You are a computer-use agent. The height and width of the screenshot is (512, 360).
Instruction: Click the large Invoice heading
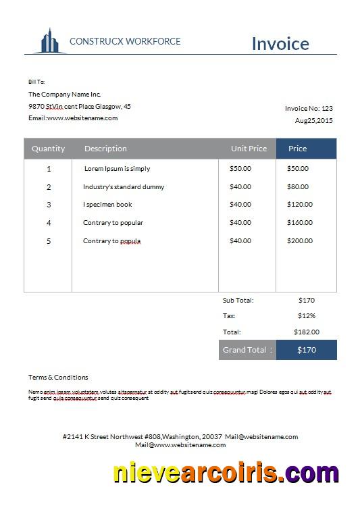point(280,43)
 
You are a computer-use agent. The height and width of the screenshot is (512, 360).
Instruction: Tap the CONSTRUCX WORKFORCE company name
point(125,41)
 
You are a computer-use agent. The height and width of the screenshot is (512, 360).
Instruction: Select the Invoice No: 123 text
point(309,108)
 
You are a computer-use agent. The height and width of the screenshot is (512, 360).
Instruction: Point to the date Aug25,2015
point(314,120)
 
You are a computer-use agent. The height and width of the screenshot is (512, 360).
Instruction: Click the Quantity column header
point(49,149)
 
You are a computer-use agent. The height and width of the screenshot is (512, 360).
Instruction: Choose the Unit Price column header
point(249,149)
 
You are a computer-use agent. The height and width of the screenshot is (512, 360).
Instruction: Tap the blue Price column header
point(298,149)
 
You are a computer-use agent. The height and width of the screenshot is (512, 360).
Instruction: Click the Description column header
point(105,149)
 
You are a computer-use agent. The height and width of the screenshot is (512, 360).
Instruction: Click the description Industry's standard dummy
point(124,186)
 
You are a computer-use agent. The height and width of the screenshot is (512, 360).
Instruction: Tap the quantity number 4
point(49,223)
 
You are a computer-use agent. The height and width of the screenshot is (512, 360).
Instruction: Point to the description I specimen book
point(107,205)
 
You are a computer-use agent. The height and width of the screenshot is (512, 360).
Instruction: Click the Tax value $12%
point(307,315)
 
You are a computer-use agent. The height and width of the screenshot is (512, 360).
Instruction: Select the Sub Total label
point(238,300)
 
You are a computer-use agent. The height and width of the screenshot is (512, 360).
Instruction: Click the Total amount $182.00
point(307,332)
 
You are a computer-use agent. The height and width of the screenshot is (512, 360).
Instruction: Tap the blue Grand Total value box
point(307,350)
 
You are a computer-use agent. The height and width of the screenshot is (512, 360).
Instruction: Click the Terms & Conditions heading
point(58,377)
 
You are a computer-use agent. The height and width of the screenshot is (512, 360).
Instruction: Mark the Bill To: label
point(36,82)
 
